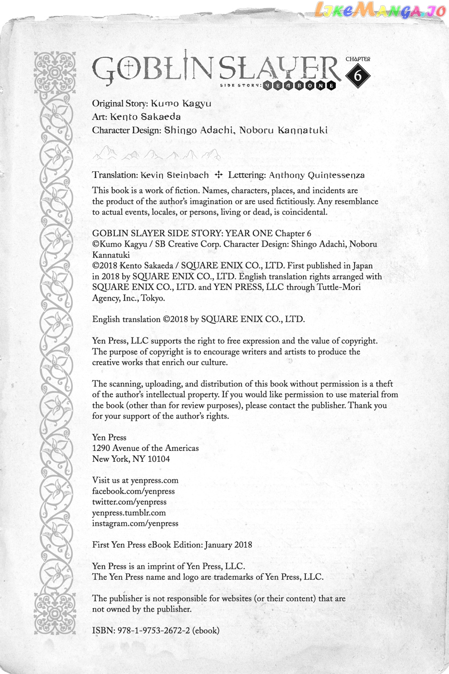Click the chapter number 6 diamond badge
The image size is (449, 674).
(358, 76)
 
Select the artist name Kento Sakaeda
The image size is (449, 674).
(145, 117)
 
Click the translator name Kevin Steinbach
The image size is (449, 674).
(175, 175)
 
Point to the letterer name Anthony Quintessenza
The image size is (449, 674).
(317, 175)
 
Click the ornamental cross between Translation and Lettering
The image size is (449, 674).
(218, 175)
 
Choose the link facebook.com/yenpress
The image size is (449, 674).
(133, 491)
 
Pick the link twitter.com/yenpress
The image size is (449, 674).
(129, 502)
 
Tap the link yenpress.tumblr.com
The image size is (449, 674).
(129, 513)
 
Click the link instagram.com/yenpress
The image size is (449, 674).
(135, 524)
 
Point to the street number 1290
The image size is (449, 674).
(101, 448)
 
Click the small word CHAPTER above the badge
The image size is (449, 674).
(358, 59)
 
